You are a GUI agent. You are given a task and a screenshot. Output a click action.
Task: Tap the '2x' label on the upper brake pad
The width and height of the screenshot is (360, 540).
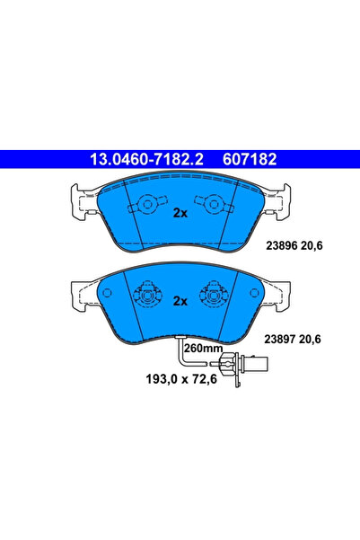(180, 213)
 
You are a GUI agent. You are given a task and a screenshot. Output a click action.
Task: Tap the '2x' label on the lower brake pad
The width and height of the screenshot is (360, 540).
(180, 301)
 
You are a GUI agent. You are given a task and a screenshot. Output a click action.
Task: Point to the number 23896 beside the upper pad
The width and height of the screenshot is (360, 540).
(282, 243)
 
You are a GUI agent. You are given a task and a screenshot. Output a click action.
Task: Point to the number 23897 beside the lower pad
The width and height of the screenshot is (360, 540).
(282, 339)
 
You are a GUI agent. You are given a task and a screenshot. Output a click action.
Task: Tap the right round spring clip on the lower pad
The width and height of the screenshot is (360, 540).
(215, 294)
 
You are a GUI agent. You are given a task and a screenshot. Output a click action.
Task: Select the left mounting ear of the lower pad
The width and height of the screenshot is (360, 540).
(82, 288)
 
